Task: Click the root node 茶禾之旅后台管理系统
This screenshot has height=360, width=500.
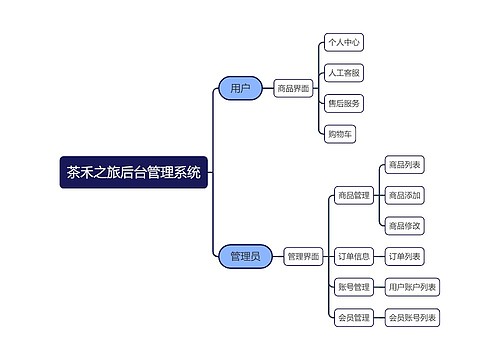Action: point(133,172)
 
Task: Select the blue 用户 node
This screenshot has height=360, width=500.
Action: point(240,89)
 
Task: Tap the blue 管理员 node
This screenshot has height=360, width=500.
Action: point(244,256)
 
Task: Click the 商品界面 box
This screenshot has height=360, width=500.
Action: point(293,89)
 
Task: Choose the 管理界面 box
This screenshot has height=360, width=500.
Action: point(303,257)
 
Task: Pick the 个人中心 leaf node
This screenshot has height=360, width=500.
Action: point(343,43)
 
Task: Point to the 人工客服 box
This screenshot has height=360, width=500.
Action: point(343,73)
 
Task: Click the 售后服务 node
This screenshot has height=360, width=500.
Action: point(343,103)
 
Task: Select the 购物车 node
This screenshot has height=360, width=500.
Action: point(339,133)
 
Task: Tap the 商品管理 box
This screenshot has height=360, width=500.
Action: point(353,195)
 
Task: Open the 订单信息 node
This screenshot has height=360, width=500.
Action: point(353,257)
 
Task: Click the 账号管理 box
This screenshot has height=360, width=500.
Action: point(353,288)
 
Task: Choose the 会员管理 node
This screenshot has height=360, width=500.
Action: point(353,319)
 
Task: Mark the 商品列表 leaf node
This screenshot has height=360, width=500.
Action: point(404,165)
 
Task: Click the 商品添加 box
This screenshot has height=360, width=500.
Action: point(404,195)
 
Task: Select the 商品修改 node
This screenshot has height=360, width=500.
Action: point(404,225)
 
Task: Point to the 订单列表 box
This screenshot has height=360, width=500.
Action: point(404,257)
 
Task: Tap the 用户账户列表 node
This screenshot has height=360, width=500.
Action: point(412,288)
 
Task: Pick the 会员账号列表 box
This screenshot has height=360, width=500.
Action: point(412,319)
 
